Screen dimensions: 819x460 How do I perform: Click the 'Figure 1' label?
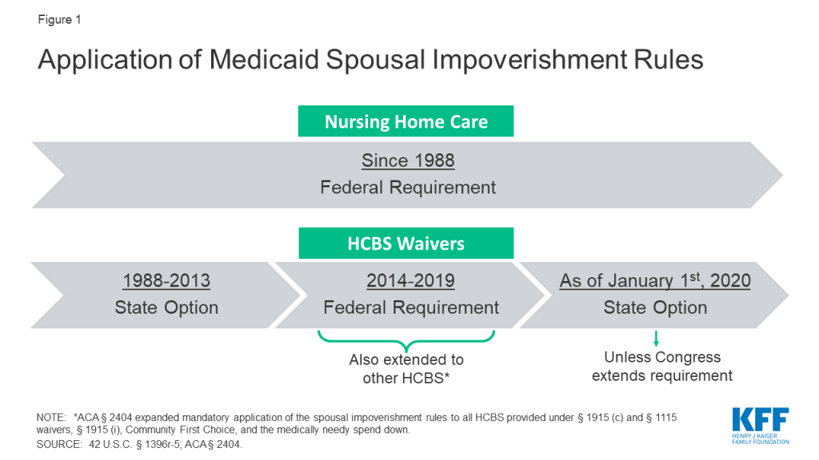pos(59,20)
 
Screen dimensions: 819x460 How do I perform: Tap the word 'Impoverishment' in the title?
pos(529,60)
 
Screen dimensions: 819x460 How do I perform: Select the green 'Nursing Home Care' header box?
pos(406,121)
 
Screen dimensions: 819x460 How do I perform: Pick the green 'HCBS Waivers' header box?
pos(406,243)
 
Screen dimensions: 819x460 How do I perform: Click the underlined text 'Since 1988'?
pos(408,161)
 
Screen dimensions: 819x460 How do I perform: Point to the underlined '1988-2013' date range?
pos(166,280)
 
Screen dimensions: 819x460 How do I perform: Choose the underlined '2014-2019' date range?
pos(410,280)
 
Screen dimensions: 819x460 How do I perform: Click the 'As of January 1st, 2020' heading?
pos(655,280)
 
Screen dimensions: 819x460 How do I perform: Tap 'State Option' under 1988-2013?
pos(166,307)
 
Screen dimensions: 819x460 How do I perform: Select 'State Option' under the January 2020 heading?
pos(655,307)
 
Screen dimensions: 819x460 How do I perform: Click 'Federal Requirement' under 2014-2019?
pos(411,307)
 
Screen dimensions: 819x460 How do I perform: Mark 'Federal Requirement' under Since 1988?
pos(408,187)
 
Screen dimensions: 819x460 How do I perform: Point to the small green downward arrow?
pos(656,339)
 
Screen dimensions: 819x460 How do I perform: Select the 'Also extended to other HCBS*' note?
pos(406,369)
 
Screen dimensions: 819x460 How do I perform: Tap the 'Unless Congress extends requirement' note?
pos(662,366)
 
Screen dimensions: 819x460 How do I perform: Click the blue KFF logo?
pos(761,426)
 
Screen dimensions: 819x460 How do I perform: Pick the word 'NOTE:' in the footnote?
pos(51,417)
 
